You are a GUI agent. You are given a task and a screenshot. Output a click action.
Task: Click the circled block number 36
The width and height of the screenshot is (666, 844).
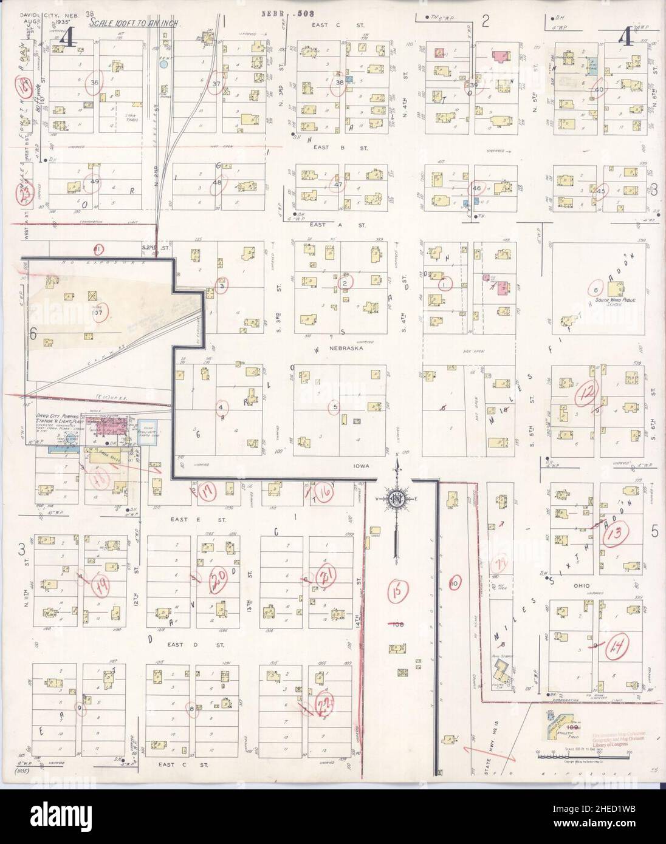94,83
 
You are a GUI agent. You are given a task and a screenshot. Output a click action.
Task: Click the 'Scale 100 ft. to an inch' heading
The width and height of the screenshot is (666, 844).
131,22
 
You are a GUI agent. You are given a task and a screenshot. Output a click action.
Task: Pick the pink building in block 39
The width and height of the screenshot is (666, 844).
499,56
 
